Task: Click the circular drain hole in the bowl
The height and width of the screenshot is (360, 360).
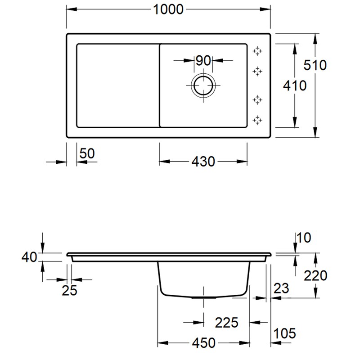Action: pyautogui.click(x=203, y=85)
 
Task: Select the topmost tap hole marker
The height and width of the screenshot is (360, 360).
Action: pyautogui.click(x=257, y=51)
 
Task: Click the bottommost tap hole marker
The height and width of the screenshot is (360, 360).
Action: pyautogui.click(x=257, y=120)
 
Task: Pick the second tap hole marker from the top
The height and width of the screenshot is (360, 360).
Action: pyautogui.click(x=257, y=71)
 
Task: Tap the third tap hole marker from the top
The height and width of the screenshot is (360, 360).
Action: pyautogui.click(x=257, y=99)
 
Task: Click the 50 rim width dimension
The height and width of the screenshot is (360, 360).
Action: pyautogui.click(x=87, y=154)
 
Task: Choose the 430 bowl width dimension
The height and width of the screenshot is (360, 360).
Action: pyautogui.click(x=203, y=161)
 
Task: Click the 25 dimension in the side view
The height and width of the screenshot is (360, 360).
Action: pyautogui.click(x=69, y=290)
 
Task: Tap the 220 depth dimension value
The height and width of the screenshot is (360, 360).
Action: pyautogui.click(x=315, y=275)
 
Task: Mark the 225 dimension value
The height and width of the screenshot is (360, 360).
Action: pyautogui.click(x=226, y=322)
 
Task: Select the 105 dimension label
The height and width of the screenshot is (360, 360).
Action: pyautogui.click(x=284, y=333)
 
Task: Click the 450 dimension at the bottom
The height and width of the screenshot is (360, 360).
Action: pyautogui.click(x=203, y=343)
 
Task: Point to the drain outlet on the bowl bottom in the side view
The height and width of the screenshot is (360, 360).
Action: pyautogui.click(x=203, y=297)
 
